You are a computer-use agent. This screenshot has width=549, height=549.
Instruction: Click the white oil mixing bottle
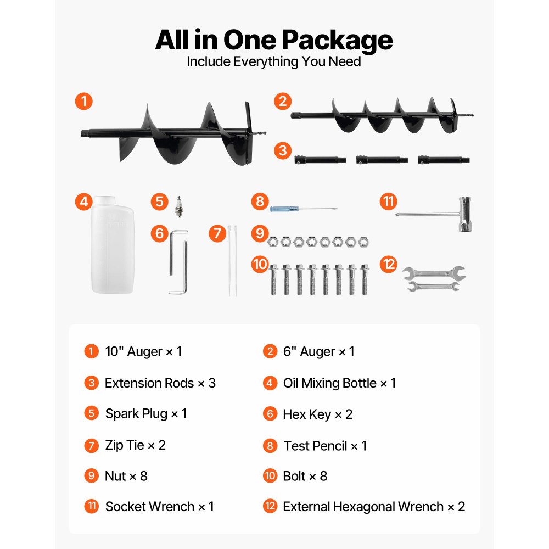113,245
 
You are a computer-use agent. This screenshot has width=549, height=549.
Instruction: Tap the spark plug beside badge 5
179,206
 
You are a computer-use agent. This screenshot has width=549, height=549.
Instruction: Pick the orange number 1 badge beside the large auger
83,102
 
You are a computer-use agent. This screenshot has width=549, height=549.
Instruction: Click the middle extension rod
382,160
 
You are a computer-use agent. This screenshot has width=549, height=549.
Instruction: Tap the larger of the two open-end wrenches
434,273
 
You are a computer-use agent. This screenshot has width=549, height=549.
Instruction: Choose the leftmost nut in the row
272,242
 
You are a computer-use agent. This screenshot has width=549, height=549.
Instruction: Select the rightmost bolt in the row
365,279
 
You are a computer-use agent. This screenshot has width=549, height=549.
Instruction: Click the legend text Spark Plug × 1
146,414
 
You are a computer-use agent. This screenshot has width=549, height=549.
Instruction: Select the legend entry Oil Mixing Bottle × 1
339,383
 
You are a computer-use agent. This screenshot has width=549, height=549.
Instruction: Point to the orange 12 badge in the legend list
270,506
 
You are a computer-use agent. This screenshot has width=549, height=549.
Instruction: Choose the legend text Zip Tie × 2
135,445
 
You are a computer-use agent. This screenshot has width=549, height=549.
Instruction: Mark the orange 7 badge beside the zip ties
217,233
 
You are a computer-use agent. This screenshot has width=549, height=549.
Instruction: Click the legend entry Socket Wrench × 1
159,507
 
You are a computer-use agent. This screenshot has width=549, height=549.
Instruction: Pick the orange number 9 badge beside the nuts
260,233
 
